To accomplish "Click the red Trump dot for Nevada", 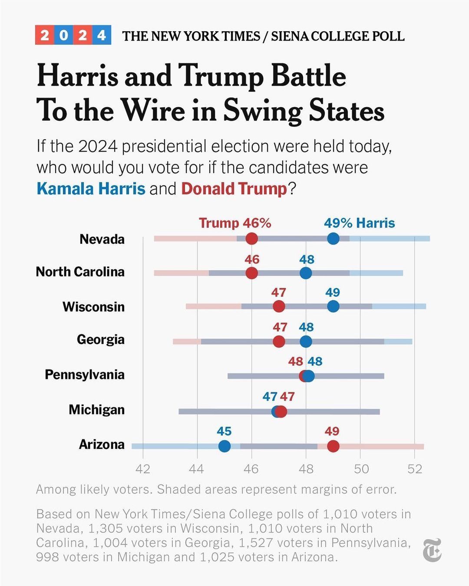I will tap(251, 238).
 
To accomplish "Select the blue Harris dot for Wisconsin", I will tap(333, 306).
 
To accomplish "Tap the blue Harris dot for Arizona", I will tap(224, 446).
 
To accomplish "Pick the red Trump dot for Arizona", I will tap(333, 446).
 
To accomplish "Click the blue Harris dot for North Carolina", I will tap(306, 273).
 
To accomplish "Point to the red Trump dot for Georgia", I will tap(279, 341).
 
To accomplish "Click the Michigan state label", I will tap(96, 409).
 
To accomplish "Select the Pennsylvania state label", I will tap(85, 374).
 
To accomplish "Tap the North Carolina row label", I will tap(80, 272).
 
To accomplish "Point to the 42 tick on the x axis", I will tap(143, 469).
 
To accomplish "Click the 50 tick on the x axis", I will tap(361, 469).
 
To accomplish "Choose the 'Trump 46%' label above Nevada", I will tap(235, 223).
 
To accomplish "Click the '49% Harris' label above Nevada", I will tap(359, 223).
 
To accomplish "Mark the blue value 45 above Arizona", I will tap(224, 431).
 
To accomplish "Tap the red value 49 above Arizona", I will tap(332, 431).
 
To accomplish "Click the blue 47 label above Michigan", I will tap(270, 396).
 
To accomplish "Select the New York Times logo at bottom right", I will tap(433, 550).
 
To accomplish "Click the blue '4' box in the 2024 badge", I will tap(102, 35).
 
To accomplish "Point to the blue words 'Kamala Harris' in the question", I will tap(91, 189).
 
